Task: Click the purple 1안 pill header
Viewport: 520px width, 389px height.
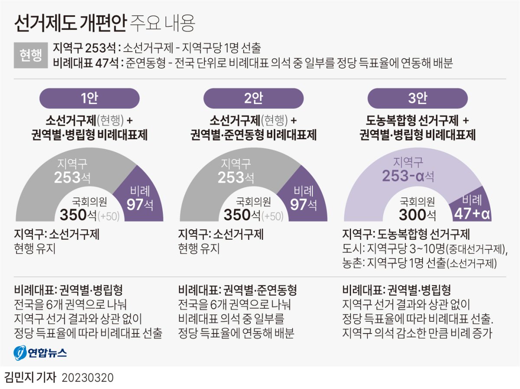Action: click(89, 98)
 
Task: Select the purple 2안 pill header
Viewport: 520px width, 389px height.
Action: click(253, 98)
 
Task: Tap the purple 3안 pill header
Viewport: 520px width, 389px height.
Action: click(417, 98)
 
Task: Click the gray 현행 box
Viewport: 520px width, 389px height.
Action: click(30, 55)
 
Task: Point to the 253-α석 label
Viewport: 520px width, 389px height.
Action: click(408, 176)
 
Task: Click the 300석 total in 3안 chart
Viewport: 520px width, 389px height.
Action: click(418, 214)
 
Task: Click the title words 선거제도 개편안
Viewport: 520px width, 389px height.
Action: click(70, 23)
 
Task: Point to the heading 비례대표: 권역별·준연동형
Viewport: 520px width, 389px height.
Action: click(237, 290)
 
